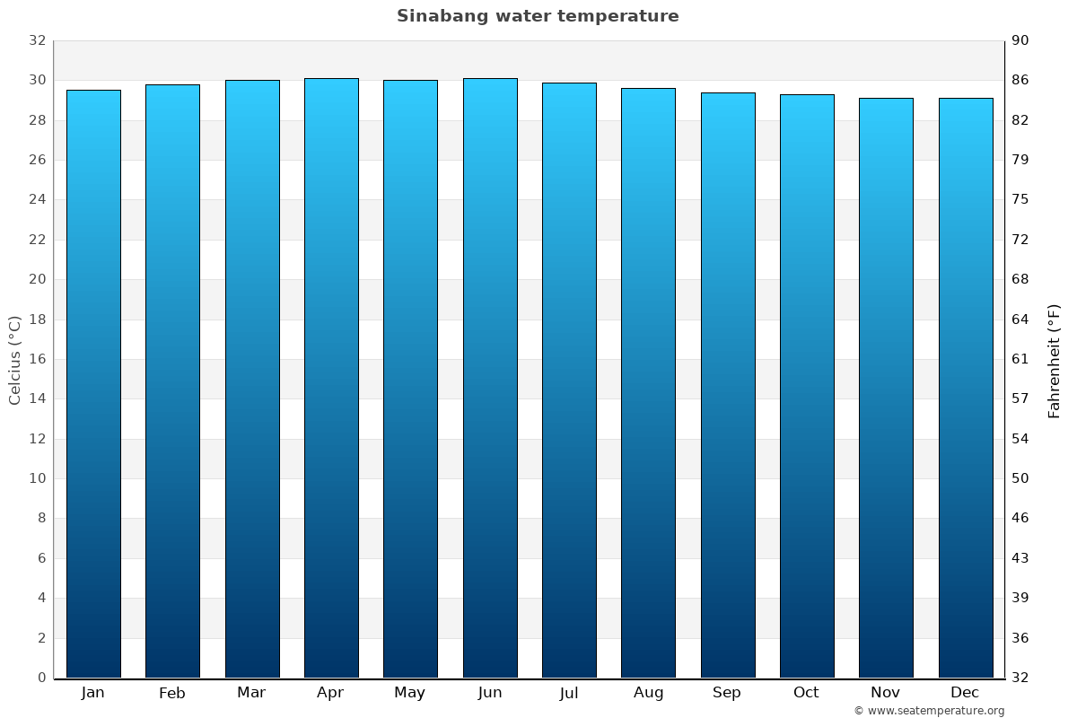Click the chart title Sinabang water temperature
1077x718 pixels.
click(538, 16)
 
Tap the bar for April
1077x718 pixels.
click(331, 378)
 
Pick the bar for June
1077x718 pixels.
click(490, 378)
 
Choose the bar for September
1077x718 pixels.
click(728, 385)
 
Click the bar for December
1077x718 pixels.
click(966, 388)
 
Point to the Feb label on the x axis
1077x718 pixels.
click(172, 693)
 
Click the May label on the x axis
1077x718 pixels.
click(410, 693)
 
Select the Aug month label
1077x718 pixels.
click(648, 693)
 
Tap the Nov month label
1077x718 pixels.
click(886, 693)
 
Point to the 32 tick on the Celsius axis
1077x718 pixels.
click(37, 40)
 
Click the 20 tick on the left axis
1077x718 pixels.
click(37, 279)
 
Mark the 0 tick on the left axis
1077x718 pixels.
click(41, 678)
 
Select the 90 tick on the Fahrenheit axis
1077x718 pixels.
click(1020, 40)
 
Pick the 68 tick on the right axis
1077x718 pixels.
click(1020, 279)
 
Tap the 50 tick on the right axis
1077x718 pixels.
click(1020, 478)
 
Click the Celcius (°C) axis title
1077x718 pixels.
click(15, 359)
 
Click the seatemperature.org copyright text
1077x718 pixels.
click(928, 711)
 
